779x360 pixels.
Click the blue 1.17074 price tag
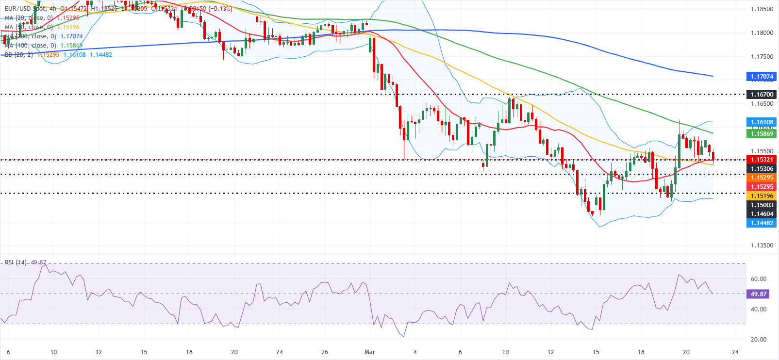pos(762,77)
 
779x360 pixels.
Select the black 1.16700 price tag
pos(762,95)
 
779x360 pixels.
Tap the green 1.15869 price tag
pos(762,134)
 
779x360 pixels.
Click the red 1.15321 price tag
pos(762,160)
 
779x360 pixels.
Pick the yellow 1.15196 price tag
pos(762,196)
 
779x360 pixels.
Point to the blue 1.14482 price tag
pos(762,223)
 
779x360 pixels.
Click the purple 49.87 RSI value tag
pos(758,294)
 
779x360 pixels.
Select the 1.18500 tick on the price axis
pos(762,9)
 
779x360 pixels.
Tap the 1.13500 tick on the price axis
pos(762,245)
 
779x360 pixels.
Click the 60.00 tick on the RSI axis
pos(759,279)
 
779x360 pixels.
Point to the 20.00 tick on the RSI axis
pos(759,340)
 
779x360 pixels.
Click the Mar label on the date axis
pos(370,352)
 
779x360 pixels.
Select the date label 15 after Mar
pos(596,352)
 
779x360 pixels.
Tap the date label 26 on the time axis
pos(325,352)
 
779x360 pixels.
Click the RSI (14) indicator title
pos(16,262)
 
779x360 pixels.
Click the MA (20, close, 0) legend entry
pos(29,18)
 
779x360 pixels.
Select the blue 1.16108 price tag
pos(762,122)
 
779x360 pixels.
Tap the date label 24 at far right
pos(735,352)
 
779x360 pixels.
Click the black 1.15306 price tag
pos(762,169)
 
